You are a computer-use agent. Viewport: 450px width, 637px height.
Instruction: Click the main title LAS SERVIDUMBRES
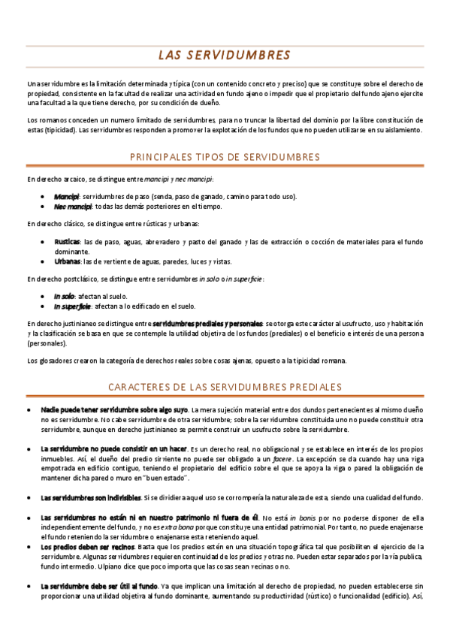225,56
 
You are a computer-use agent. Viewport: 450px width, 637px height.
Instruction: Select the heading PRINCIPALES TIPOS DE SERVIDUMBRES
225,157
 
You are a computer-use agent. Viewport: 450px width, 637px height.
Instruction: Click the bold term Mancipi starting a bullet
67,196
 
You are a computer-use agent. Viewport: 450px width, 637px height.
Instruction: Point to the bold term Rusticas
68,242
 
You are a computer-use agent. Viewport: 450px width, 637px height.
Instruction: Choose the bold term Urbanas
67,261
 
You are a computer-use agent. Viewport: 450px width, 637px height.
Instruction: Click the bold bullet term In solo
65,297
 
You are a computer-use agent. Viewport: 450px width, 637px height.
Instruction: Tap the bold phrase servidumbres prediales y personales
207,323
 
